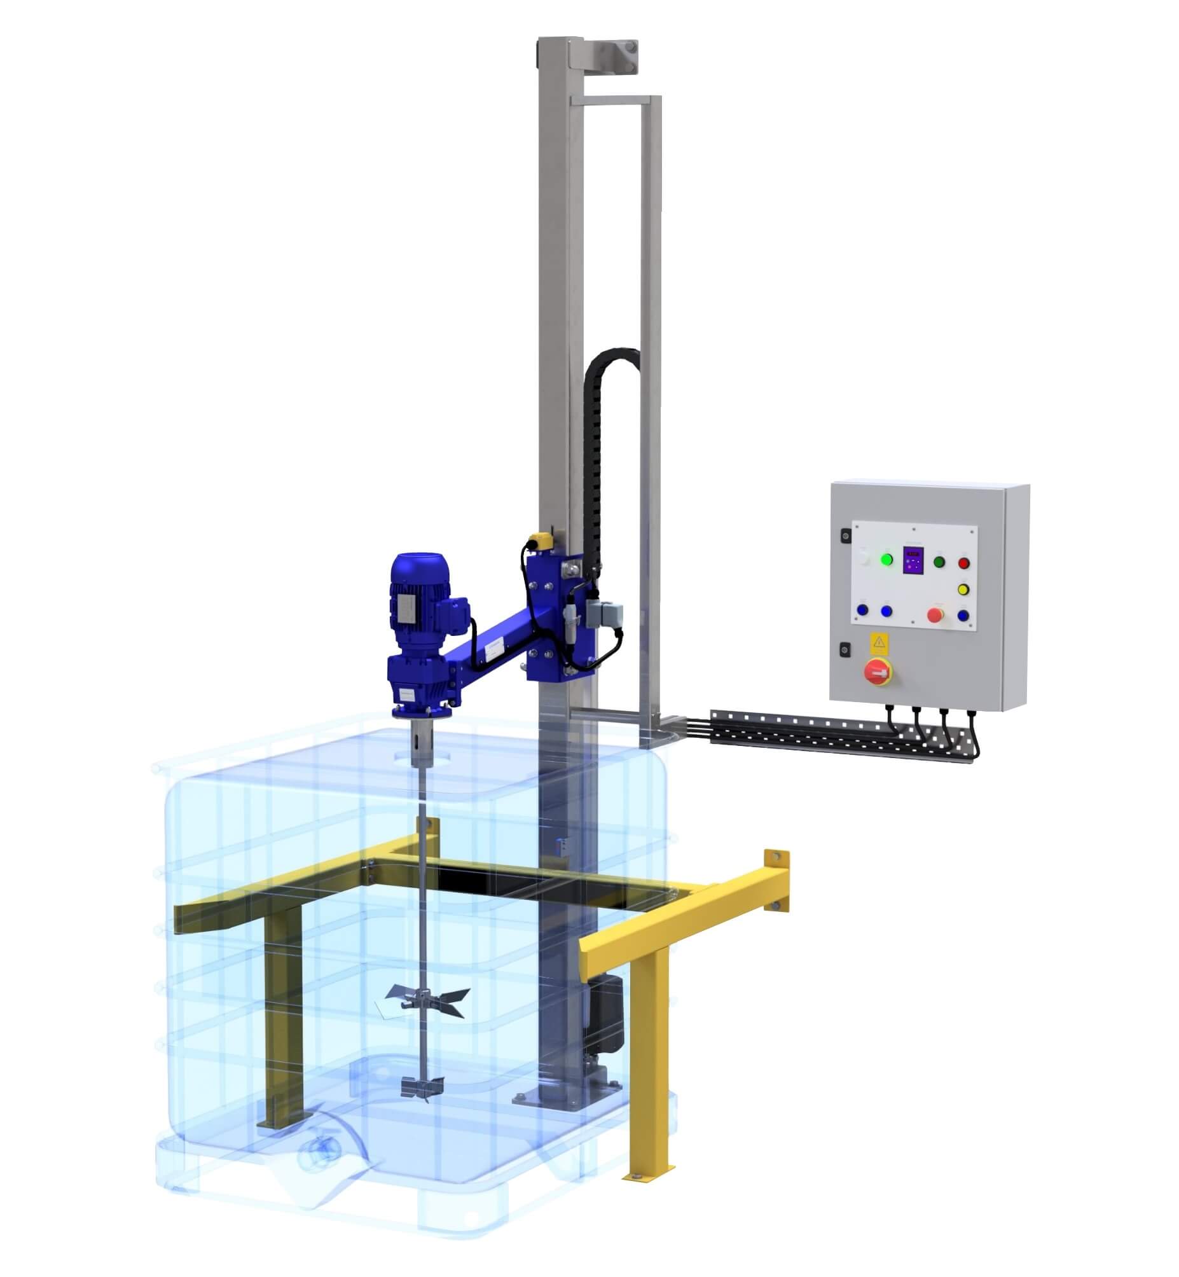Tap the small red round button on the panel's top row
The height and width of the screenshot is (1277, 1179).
pos(963,563)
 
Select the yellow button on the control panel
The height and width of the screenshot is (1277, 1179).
pos(963,589)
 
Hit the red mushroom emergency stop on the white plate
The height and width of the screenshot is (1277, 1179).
pos(935,615)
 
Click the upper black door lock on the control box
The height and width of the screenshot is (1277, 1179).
pos(845,537)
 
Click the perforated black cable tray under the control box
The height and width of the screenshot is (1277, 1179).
pos(842,735)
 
